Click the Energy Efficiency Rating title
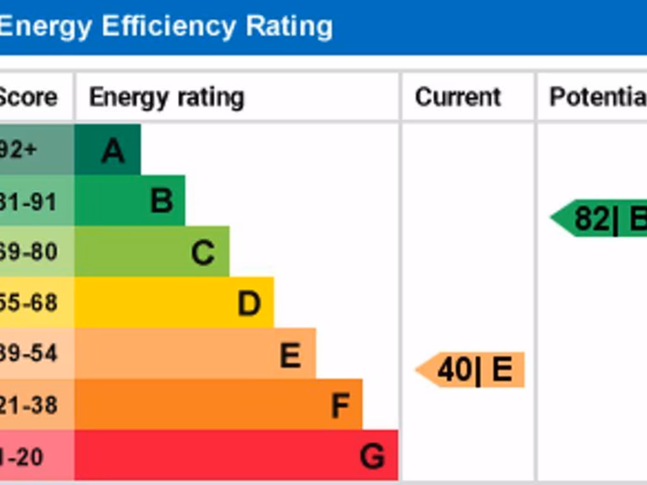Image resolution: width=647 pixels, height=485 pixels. click(x=166, y=27)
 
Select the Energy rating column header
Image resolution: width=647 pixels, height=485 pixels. click(x=166, y=98)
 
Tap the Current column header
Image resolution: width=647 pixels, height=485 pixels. click(x=457, y=97)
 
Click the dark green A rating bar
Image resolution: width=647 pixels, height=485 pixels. click(x=107, y=150)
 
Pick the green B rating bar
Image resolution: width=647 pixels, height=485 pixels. click(x=130, y=201)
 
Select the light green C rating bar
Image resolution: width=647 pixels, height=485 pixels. click(x=152, y=252)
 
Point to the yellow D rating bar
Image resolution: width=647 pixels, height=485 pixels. click(x=174, y=303)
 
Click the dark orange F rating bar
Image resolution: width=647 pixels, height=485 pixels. click(x=218, y=405)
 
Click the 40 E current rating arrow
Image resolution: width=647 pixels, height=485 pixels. click(x=471, y=370)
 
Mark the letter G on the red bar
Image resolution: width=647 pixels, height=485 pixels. click(x=372, y=456)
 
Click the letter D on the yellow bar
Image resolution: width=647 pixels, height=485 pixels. click(x=249, y=304)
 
